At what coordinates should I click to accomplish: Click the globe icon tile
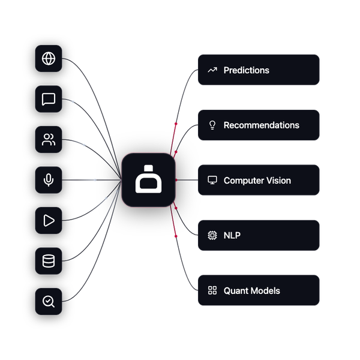tap(49, 59)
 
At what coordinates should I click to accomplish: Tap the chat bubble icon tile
tap(49, 99)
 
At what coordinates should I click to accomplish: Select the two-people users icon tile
tap(49, 139)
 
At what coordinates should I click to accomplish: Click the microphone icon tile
tap(49, 180)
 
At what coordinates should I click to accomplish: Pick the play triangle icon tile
tap(49, 220)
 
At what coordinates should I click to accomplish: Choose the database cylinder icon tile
tap(49, 261)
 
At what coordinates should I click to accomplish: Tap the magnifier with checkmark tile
tap(49, 301)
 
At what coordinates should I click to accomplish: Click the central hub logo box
tap(149, 180)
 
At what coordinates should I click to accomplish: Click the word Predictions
tap(247, 70)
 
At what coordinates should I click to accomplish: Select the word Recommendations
tap(262, 125)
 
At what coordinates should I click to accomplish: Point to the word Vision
tap(278, 181)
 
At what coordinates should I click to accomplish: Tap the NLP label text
tap(232, 235)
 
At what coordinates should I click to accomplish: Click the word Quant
tap(236, 290)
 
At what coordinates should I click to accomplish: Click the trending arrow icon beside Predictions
tap(212, 70)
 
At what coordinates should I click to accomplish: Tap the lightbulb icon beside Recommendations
tap(212, 125)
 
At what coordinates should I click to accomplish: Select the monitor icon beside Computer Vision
tap(212, 180)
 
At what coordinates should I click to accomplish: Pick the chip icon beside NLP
tap(212, 235)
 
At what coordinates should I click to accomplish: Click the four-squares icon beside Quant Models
tap(212, 290)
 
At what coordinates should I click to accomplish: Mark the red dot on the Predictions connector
tap(176, 124)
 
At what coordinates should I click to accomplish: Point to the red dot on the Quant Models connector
tap(176, 236)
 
